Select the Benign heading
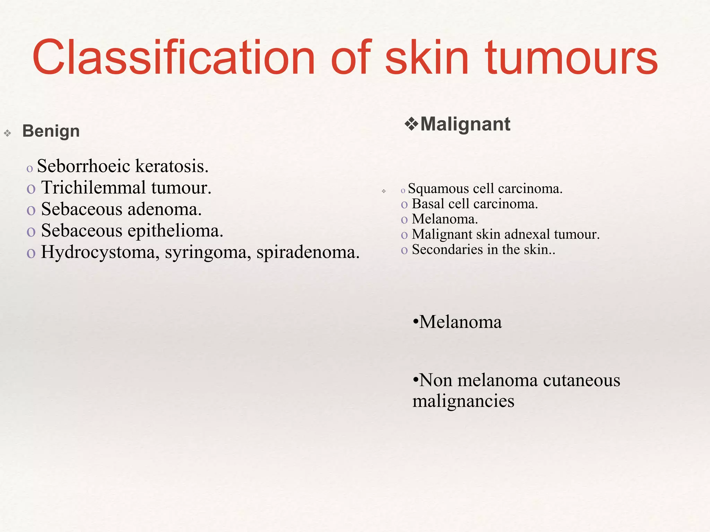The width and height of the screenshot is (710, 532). click(51, 131)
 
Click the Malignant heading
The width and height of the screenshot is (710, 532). click(465, 124)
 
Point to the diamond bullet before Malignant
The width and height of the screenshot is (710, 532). click(411, 124)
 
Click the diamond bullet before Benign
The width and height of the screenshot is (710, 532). click(7, 133)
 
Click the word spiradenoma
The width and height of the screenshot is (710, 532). click(308, 252)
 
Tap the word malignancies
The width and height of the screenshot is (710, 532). click(463, 401)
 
